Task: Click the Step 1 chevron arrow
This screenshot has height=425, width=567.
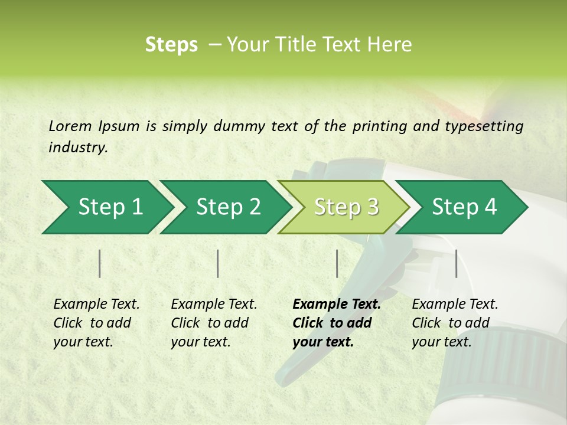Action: (x=106, y=207)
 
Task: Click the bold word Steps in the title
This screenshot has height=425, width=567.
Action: (x=171, y=45)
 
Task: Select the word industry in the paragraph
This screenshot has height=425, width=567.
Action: (x=77, y=148)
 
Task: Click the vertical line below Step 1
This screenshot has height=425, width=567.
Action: (x=100, y=263)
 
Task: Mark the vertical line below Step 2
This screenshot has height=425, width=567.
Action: (x=218, y=263)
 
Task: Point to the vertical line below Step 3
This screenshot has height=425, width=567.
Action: (x=337, y=263)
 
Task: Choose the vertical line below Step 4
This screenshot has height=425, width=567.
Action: (x=456, y=263)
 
